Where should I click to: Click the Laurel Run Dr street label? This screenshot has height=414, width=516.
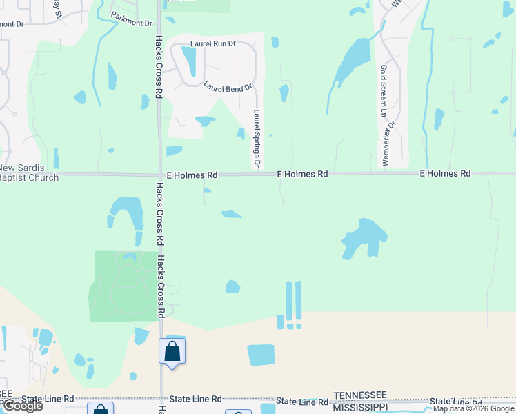[212, 43]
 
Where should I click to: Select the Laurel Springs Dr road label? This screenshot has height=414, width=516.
[257, 139]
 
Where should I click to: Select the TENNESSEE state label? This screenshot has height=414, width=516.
[359, 395]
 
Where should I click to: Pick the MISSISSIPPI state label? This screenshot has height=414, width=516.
[359, 407]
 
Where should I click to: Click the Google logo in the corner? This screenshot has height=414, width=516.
[22, 406]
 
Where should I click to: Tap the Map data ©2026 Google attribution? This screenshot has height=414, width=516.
[473, 409]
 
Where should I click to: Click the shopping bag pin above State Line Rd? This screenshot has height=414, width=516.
[172, 351]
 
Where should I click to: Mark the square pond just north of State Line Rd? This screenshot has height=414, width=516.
[261, 355]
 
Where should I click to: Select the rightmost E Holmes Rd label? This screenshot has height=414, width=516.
[445, 173]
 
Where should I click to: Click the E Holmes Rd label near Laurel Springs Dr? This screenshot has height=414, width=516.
[302, 175]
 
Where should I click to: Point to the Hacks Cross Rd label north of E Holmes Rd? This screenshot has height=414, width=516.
[159, 66]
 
